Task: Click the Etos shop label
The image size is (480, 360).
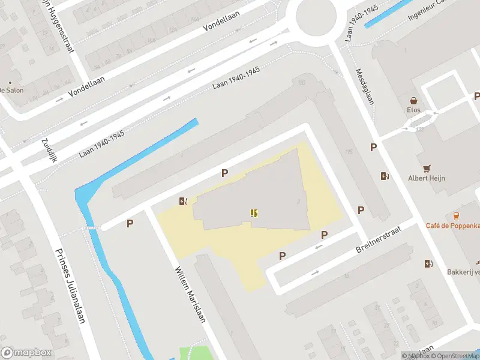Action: point(414,110)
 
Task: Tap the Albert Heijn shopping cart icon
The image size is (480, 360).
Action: point(427,169)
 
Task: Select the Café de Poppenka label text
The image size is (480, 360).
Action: point(452,225)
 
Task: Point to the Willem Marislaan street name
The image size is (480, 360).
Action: point(191,294)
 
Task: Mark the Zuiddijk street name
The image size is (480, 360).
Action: point(48,150)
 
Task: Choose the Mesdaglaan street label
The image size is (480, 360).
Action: point(364,86)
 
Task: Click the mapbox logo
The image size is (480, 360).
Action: point(26,353)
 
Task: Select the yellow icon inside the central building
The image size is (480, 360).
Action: point(254,213)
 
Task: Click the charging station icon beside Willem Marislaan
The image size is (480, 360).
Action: point(184,202)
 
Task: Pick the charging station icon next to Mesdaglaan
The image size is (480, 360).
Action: point(385,176)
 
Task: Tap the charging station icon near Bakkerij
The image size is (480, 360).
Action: point(428,263)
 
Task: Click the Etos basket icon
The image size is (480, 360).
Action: point(413,101)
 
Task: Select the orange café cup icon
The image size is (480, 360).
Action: point(456,215)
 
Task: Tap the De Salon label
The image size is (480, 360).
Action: point(10,90)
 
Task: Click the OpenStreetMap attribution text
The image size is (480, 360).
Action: point(454,356)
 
